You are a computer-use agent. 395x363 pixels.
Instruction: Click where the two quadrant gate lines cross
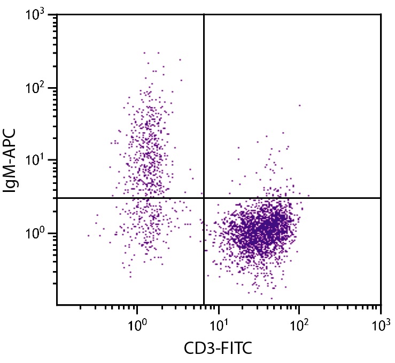(204, 198)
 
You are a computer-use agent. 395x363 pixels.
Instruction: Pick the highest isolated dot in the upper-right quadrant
(299, 105)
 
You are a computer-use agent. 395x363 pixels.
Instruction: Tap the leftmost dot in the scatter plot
(88, 235)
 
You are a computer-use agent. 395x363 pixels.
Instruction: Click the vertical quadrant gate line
(204, 107)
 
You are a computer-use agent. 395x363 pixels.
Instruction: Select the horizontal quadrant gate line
(294, 198)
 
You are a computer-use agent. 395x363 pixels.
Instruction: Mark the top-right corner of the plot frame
(381, 14)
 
